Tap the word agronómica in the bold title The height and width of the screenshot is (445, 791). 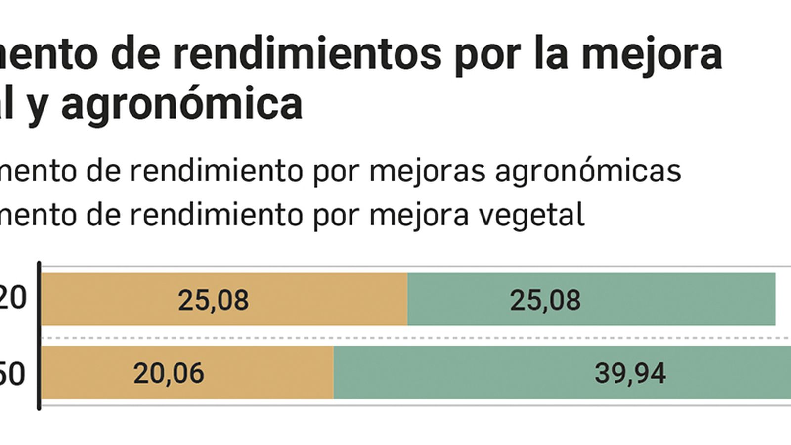[182, 105]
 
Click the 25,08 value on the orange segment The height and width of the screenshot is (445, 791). [213, 300]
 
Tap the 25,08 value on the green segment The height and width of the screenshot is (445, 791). [545, 300]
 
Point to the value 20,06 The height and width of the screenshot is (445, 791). [169, 373]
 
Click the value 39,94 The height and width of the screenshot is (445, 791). [630, 373]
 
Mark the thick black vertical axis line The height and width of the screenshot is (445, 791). [39, 336]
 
